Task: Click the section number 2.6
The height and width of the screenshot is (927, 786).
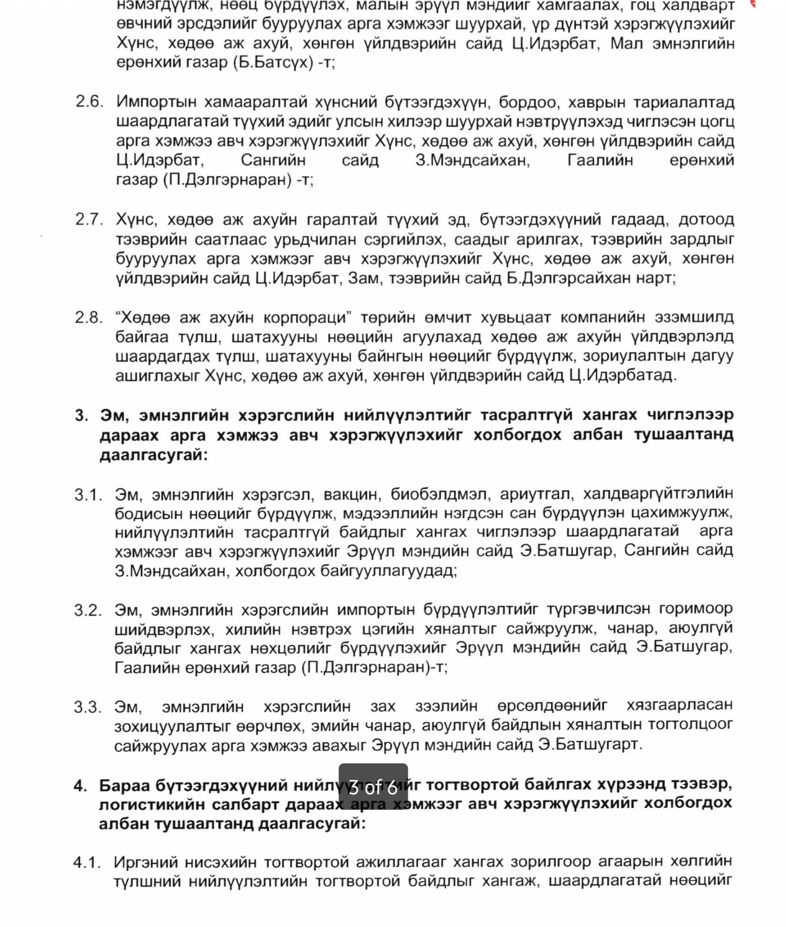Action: coord(89,101)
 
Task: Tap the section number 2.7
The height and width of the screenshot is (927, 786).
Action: coord(89,219)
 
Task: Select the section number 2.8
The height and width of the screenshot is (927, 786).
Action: coord(89,317)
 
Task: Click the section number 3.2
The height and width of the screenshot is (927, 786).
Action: coord(88,610)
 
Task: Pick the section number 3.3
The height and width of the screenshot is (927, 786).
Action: coord(87,707)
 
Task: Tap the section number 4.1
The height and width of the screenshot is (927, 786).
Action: coord(87,862)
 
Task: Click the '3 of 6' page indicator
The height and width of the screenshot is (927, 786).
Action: coord(373,787)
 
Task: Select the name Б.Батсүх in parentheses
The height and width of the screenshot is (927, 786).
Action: coord(273,62)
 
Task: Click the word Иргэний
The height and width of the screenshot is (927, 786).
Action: coord(145,862)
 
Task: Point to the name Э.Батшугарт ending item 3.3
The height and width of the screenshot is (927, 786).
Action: coord(590,745)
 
